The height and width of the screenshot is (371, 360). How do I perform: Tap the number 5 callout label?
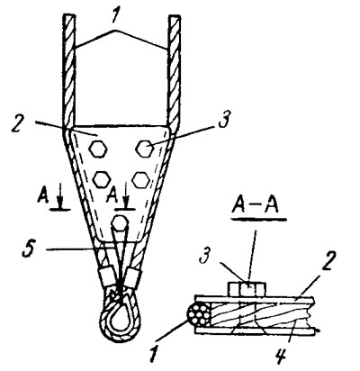coord(29,250)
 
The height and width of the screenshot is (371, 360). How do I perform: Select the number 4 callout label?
coord(281,355)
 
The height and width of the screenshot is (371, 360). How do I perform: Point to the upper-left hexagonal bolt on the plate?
coord(98,149)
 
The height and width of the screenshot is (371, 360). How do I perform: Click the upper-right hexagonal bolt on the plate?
coord(145,149)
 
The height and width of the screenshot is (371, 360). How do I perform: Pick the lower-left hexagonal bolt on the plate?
coord(102,179)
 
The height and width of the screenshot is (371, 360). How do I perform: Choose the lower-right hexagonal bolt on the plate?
coord(140,180)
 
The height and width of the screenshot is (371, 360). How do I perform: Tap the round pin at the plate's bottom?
coord(120,223)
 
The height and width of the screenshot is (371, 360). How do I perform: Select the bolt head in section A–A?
coord(247,289)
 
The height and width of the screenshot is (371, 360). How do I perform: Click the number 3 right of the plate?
coord(225,120)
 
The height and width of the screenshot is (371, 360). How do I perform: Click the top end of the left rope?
coord(68,15)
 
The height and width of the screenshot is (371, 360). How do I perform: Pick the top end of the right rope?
coord(175,16)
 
